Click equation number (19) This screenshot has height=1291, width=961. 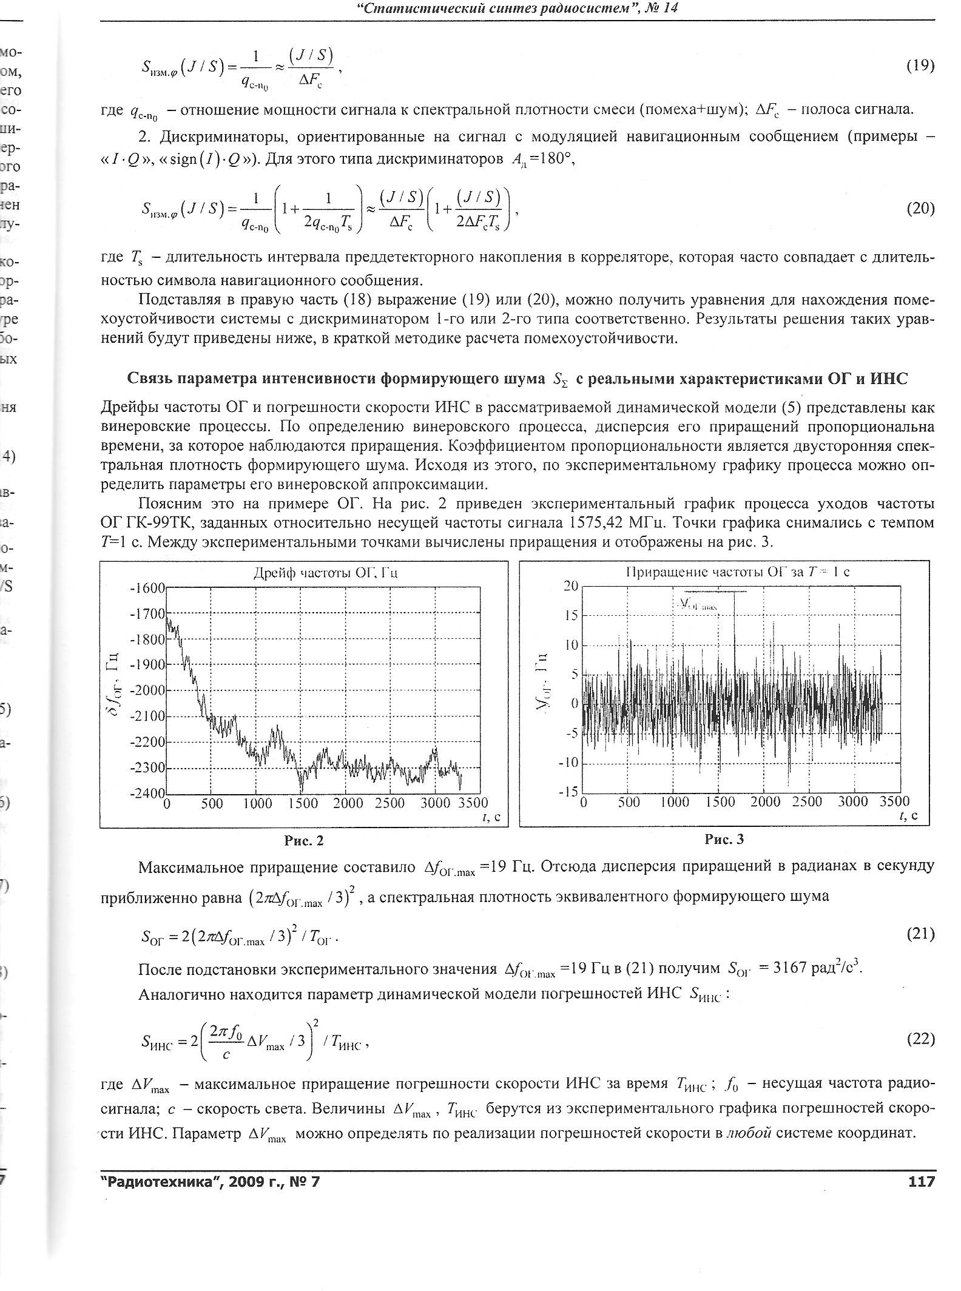(x=920, y=66)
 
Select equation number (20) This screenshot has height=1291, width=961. (x=920, y=209)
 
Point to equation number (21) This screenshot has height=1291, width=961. (x=920, y=934)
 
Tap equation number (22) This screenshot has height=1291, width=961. (x=920, y=1039)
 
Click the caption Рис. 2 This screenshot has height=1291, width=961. (x=304, y=840)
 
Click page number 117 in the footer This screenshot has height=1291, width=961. (x=921, y=1181)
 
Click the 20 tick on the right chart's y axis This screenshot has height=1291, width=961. (x=571, y=585)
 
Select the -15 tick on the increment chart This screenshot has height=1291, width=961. (x=568, y=792)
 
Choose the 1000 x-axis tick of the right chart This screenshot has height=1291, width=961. (x=675, y=802)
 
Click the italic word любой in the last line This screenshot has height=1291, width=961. (x=749, y=1133)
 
